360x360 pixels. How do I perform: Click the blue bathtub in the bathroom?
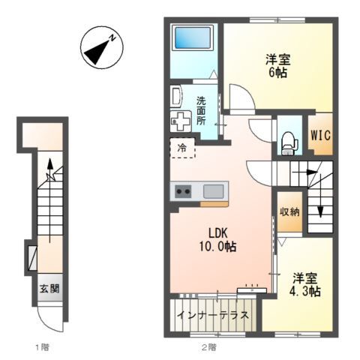pos(193,37)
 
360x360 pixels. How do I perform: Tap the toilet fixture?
pos(289,143)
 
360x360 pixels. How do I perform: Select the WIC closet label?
pos(321,135)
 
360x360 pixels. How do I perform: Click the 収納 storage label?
pos(289,212)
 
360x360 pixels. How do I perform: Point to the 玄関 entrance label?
pos(49,289)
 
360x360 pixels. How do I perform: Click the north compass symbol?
pos(102,47)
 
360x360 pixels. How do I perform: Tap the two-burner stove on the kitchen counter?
pos(183,191)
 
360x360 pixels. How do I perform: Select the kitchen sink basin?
pos(214,191)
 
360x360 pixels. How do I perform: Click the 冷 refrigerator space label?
pos(182,148)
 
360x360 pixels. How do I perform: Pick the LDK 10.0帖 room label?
pos(217,240)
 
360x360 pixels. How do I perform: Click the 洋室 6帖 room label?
pos(277,66)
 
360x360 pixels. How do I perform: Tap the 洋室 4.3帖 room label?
pos(305,284)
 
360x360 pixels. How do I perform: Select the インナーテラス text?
pos(213,315)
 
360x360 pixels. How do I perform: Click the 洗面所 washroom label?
pos(201,111)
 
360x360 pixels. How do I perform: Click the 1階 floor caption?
pos(42,347)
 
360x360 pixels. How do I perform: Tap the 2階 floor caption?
pos(209,347)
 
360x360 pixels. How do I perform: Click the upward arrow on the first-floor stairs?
pos(50,200)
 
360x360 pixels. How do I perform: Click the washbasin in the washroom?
pos(176,97)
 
